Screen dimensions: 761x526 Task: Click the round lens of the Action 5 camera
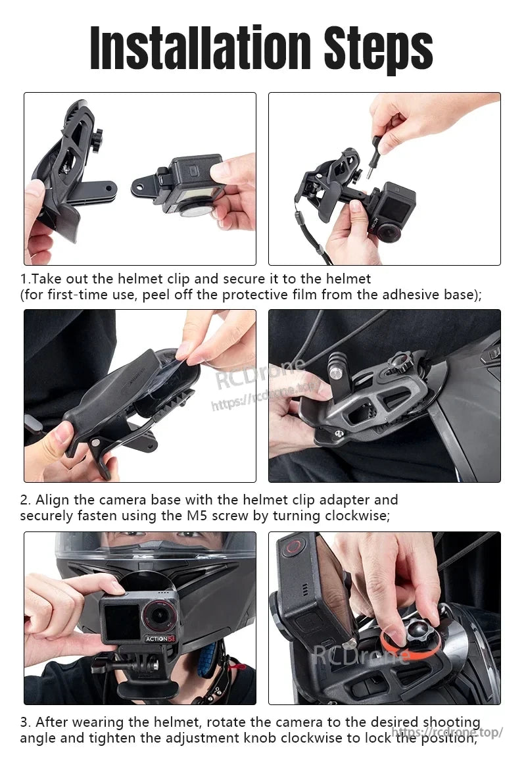point(159,615)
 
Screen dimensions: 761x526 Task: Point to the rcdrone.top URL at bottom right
point(447,732)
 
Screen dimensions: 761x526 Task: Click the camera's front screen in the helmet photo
point(121,621)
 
